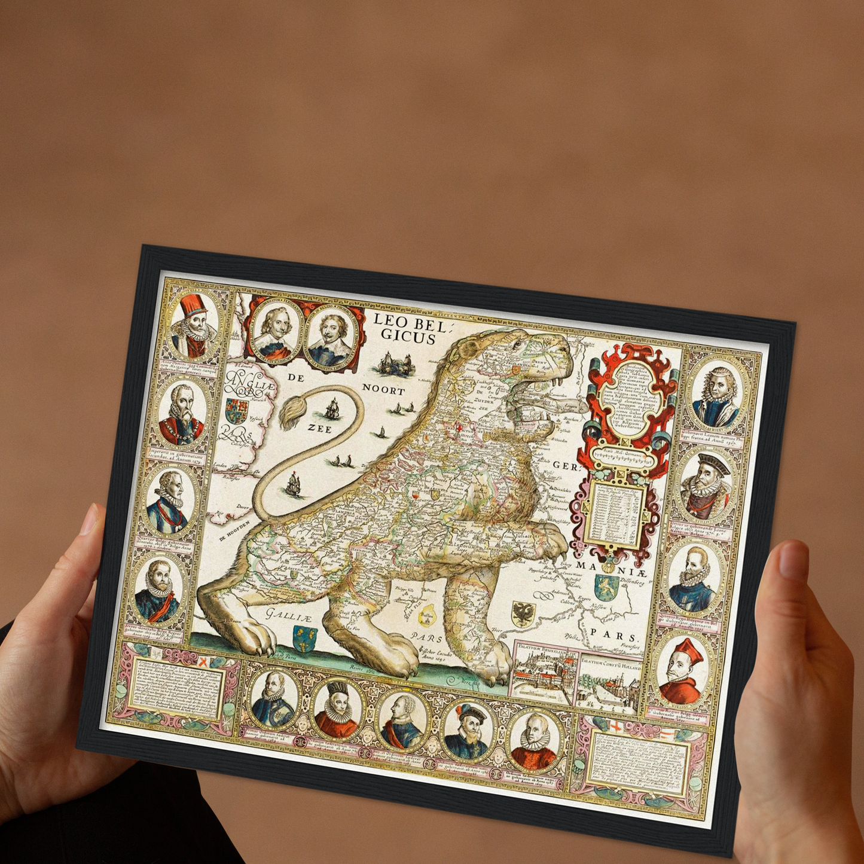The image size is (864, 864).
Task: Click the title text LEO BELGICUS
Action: coord(405,328)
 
